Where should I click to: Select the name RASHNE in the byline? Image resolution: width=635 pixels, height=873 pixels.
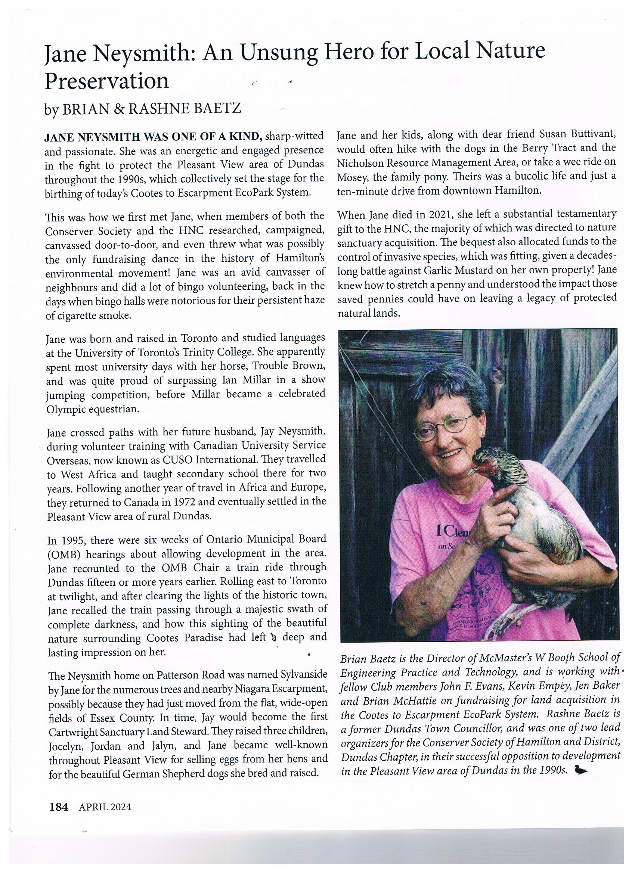click(x=154, y=109)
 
